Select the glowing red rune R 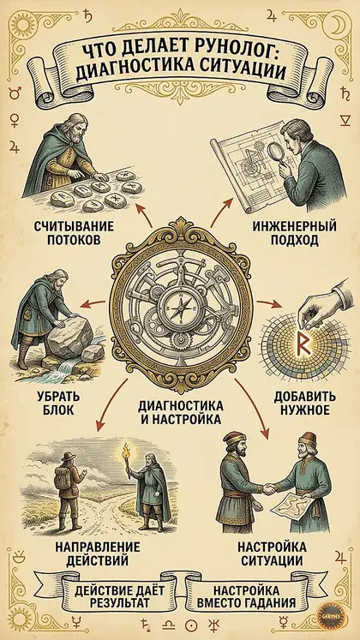tap(303, 345)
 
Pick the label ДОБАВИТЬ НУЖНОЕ tap(305, 403)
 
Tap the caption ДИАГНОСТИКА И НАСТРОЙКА tap(180, 412)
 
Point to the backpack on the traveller tap(63, 470)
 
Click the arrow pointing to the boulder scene tap(93, 303)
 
